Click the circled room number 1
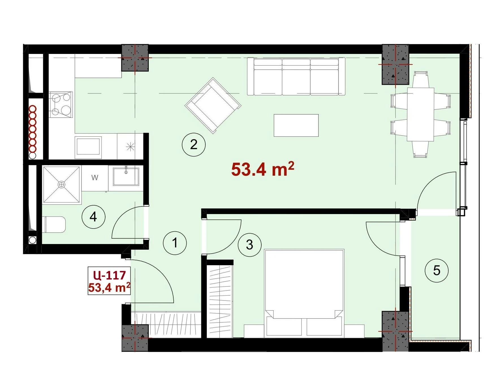click(175, 243)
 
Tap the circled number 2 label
click(194, 144)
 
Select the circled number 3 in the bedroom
click(249, 245)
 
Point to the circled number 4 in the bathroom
click(93, 217)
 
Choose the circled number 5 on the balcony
click(437, 271)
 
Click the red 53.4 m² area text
click(263, 169)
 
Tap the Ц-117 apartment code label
click(109, 275)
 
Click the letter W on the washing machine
click(95, 178)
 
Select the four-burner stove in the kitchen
click(61, 104)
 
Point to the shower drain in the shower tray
click(61, 185)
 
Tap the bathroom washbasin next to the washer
click(126, 177)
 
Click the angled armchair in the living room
click(213, 106)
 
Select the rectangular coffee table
click(296, 125)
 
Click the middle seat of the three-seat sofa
click(296, 77)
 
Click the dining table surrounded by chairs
click(421, 114)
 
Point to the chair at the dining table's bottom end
click(420, 149)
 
